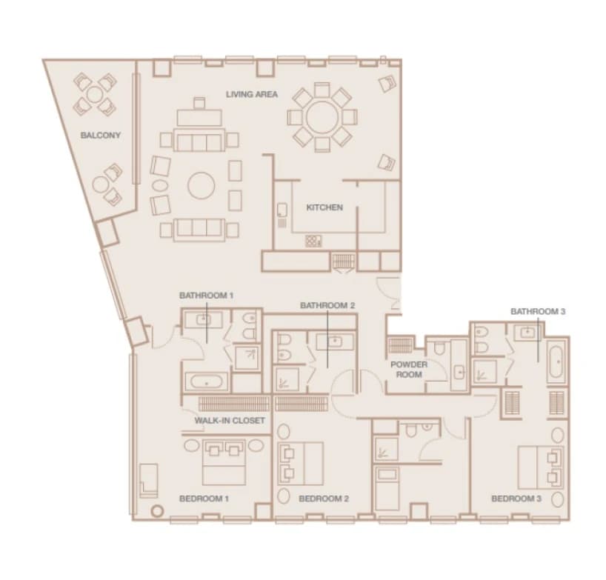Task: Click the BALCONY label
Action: coord(101,136)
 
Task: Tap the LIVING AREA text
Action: coord(252,94)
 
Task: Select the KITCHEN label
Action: coord(324,207)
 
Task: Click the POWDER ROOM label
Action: coord(409,370)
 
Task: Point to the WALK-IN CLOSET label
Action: coord(230,421)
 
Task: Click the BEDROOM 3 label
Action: coord(516,499)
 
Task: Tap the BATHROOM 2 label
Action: coord(327,306)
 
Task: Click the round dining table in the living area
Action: coord(322,117)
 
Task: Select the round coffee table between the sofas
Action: coord(202,185)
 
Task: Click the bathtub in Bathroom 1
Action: coord(207,381)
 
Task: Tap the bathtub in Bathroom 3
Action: coord(556,361)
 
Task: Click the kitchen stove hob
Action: coord(313,241)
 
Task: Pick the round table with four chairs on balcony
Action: coord(95,94)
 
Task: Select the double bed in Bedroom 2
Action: coord(301,464)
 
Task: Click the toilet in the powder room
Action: coord(439,348)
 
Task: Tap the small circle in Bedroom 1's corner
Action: coord(157,511)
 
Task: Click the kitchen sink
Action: coord(282,210)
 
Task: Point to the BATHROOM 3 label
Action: coord(538,311)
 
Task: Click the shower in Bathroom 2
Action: coord(287,379)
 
